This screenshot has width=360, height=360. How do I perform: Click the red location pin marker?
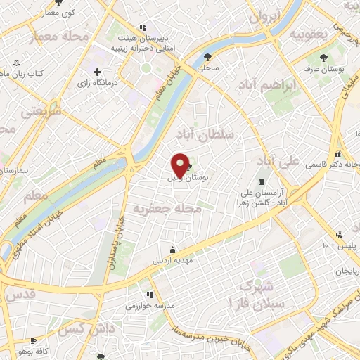(180, 165)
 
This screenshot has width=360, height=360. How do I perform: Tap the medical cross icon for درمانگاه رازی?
(97, 72)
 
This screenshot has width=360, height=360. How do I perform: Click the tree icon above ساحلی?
(207, 58)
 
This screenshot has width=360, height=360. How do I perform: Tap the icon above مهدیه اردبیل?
(173, 249)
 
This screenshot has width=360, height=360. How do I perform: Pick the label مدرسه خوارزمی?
(145, 307)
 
